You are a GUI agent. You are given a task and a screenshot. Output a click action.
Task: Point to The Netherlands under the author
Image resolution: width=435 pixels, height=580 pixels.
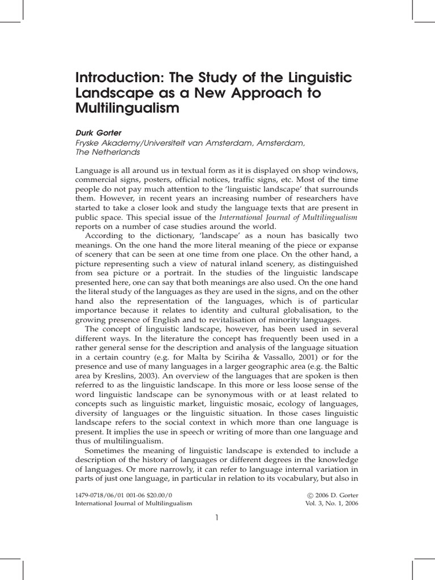tap(108, 152)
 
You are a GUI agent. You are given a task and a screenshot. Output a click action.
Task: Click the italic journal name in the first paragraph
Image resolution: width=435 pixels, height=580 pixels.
tap(288, 217)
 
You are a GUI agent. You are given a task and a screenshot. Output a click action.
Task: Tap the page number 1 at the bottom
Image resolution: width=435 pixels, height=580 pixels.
tap(217, 517)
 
